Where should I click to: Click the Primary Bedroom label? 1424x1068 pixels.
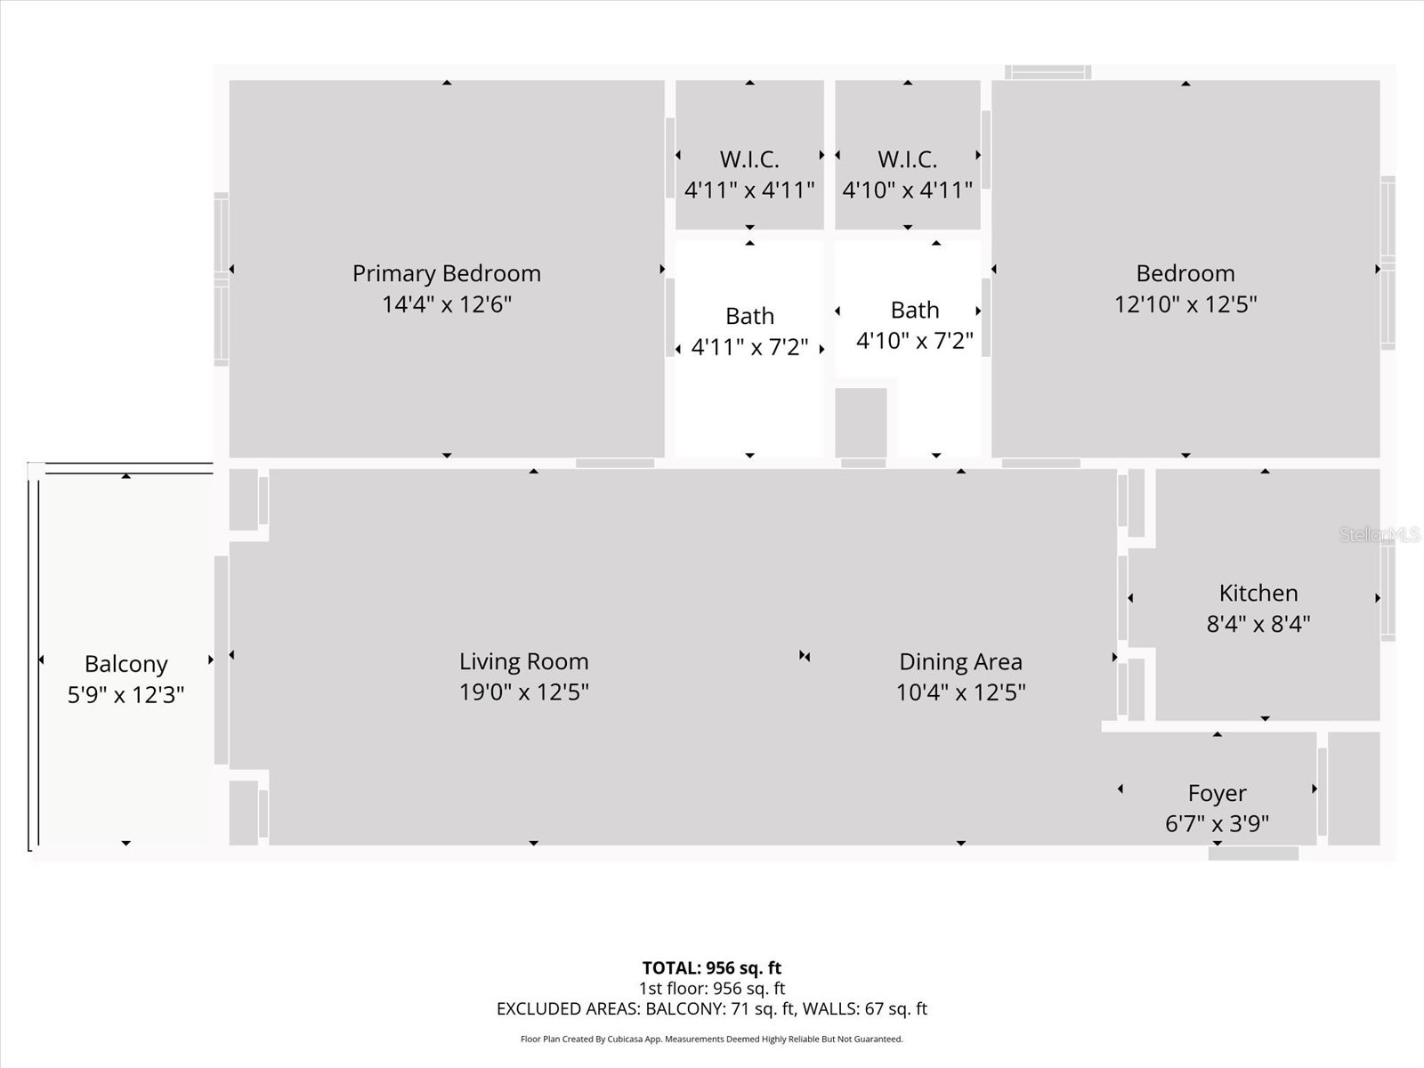tap(446, 273)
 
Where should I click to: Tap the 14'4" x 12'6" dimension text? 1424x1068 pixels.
tap(447, 304)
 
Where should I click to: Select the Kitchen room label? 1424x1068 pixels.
tap(1258, 593)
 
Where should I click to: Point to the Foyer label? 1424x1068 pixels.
tap(1217, 793)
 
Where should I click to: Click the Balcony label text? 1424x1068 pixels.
tap(125, 664)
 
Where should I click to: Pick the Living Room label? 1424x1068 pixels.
tap(523, 661)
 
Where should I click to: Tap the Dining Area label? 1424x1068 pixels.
tap(960, 661)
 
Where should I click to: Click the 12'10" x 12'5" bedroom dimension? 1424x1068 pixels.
tap(1185, 304)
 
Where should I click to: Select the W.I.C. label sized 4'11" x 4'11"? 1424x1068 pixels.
tap(749, 159)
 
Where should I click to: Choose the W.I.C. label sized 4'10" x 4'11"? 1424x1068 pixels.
tap(907, 159)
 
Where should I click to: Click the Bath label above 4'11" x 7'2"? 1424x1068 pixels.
tap(749, 316)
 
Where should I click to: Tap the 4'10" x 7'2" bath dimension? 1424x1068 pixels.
tap(914, 341)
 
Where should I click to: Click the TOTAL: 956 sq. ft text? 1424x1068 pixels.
tap(712, 967)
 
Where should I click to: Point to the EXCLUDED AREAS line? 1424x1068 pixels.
tap(712, 1008)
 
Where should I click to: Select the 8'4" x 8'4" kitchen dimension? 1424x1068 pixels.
tap(1258, 624)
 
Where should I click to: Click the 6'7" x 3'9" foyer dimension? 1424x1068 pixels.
tap(1217, 823)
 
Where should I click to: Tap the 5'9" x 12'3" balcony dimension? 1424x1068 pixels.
tap(125, 694)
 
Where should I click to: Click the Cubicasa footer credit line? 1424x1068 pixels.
tap(712, 1039)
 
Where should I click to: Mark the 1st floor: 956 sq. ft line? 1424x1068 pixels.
tap(712, 988)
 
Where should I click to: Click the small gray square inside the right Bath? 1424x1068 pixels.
tap(861, 422)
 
